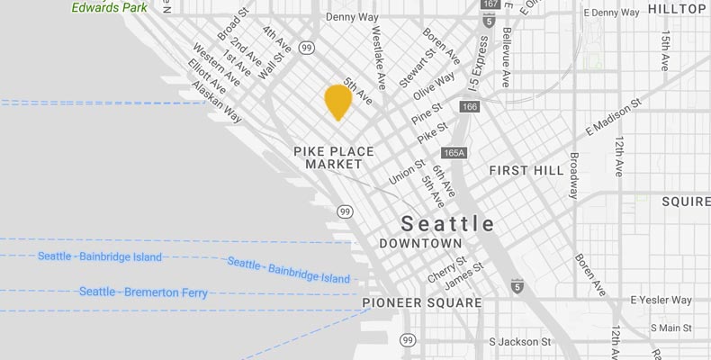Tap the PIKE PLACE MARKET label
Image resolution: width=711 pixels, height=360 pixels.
328,158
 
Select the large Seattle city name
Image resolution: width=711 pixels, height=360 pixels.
447,223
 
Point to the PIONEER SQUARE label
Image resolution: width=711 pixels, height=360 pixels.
421,303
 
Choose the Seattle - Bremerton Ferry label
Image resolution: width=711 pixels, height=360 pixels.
143,292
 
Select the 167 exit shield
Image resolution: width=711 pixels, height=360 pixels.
490,4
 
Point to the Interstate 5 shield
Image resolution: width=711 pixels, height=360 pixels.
517,286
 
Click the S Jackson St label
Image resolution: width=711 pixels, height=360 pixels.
519,342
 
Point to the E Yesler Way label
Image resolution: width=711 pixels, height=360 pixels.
661,300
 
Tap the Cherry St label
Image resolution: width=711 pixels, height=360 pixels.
447,267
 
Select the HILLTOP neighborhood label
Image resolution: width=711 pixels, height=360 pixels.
677,9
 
